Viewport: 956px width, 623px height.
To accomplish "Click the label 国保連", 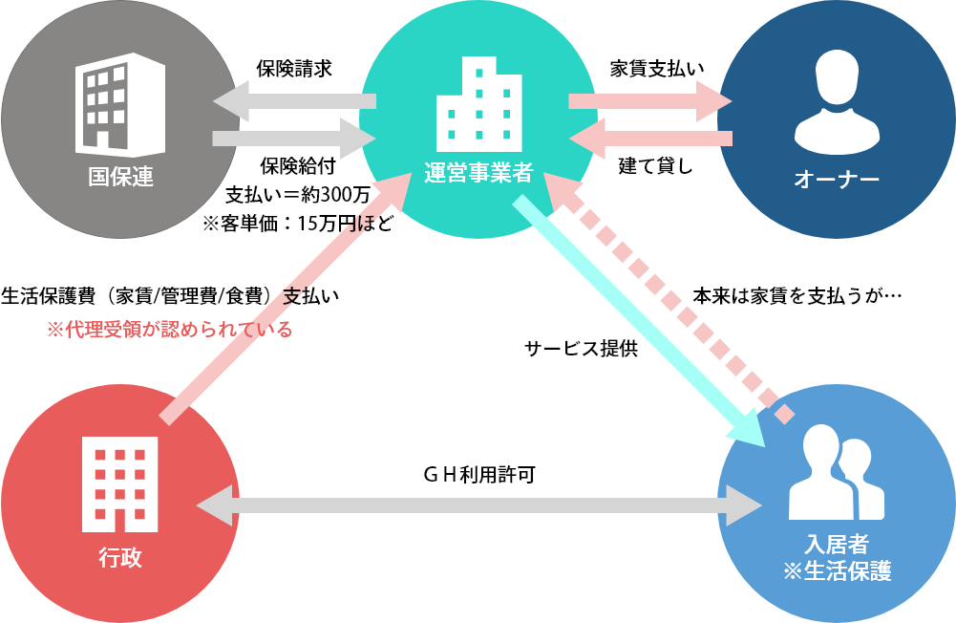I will coord(120,177).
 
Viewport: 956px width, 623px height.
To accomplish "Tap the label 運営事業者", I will coord(478,174).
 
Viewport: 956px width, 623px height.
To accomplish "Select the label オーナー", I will coord(837,179).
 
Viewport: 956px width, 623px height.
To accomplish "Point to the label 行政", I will coord(120,557).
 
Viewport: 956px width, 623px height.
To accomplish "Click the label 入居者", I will coord(837,545).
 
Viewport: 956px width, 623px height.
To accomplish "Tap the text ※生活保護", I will coord(837,571).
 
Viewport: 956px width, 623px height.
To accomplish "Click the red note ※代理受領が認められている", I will coord(170,330).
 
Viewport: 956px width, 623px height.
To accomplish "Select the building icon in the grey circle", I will coord(120,109).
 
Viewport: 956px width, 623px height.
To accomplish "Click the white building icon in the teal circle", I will coord(478,104).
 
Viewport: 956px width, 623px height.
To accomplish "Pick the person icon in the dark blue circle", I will coord(837,103).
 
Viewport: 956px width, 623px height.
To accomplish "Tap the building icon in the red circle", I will coord(120,483).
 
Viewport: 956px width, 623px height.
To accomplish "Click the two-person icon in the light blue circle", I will coord(837,473).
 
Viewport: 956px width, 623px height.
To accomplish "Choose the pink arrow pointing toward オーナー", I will coord(650,101).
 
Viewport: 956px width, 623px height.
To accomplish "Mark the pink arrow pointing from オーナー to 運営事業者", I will coord(650,139).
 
